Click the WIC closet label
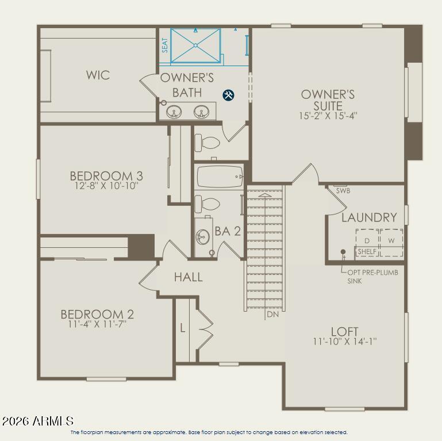coord(98,75)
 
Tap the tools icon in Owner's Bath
coord(228,95)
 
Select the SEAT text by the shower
coord(165,45)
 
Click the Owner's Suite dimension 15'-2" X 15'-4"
coord(328,116)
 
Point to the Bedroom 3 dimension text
coord(106,186)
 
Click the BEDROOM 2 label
coord(97,314)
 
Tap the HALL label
coord(189,277)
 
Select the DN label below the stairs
coord(272,314)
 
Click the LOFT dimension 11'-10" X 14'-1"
coord(345,342)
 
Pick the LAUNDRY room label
coord(369,217)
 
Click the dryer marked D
coord(367,240)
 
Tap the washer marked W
coord(391,240)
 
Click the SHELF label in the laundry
coord(367,251)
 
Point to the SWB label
coord(343,191)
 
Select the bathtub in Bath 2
coord(220,177)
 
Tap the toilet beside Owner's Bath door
coord(207,143)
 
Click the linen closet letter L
coord(183,328)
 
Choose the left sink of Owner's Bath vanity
coord(174,112)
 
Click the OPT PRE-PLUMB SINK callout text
coord(372,277)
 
